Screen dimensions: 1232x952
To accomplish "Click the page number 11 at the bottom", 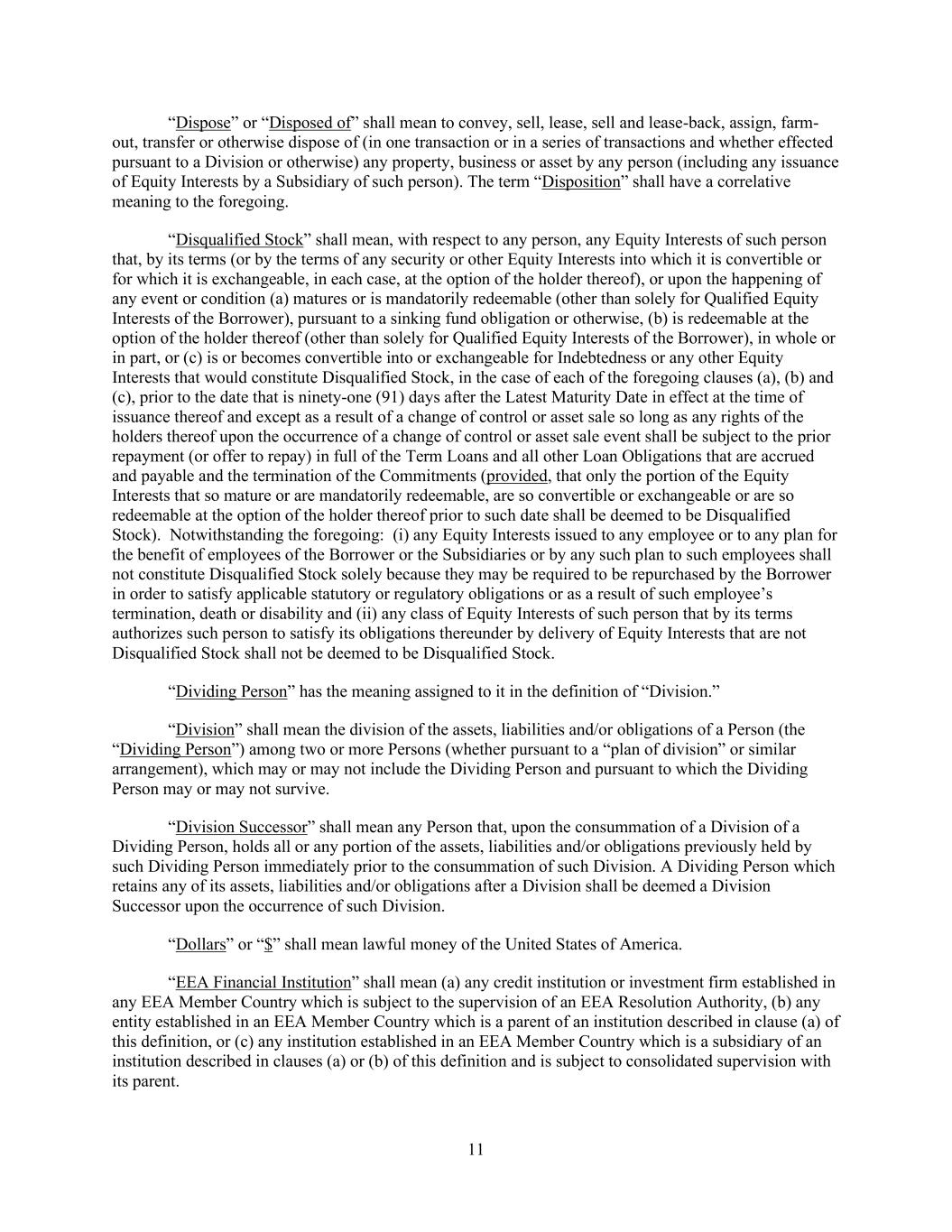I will pos(476,1149).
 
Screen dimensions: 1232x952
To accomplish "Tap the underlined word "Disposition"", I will pos(581,181).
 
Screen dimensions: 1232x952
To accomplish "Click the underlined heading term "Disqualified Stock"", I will pos(239,240).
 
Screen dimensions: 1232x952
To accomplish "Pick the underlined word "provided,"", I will pos(519,476).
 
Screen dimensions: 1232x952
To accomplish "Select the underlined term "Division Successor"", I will pos(241,827).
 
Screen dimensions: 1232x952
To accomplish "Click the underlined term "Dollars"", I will pos(200,944).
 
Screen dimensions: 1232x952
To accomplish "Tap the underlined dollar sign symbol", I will pos(268,944).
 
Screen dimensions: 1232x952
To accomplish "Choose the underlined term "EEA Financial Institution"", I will pos(263,982).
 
